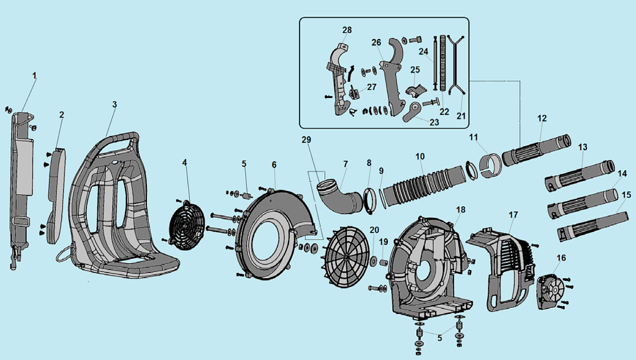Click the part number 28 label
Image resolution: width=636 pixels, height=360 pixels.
pyautogui.click(x=346, y=30)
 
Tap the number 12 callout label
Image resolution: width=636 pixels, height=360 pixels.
pyautogui.click(x=542, y=118)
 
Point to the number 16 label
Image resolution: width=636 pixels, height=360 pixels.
pyautogui.click(x=561, y=258)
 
